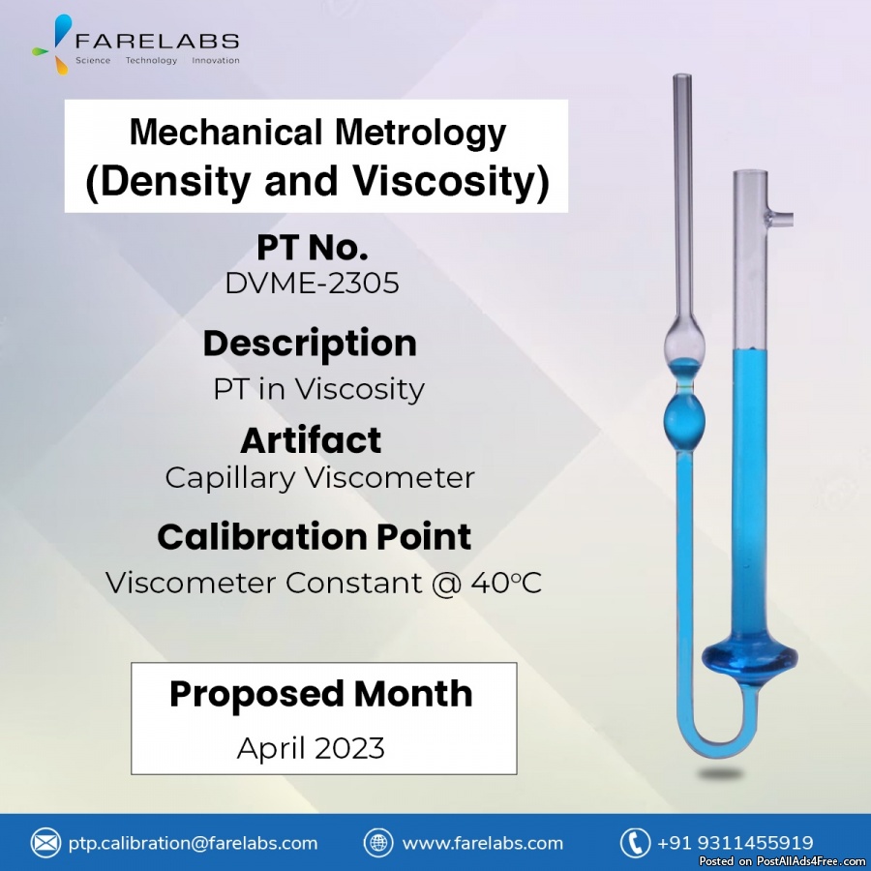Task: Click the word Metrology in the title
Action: (420, 134)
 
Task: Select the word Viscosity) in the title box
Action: (451, 181)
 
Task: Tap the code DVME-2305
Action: (313, 283)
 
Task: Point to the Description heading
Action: (310, 344)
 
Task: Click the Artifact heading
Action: (311, 440)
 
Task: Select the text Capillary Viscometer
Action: (320, 478)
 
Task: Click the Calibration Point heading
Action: (315, 536)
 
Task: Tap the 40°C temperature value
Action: (506, 583)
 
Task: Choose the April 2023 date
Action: (311, 748)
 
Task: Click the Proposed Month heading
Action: (321, 694)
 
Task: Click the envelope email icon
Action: (45, 843)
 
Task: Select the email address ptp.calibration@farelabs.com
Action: (193, 843)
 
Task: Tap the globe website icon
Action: (378, 843)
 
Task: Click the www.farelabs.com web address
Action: (483, 843)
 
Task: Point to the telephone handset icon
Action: (635, 843)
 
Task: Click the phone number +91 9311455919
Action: (736, 843)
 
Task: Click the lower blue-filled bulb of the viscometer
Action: (684, 422)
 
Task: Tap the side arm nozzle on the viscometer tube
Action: (780, 219)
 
